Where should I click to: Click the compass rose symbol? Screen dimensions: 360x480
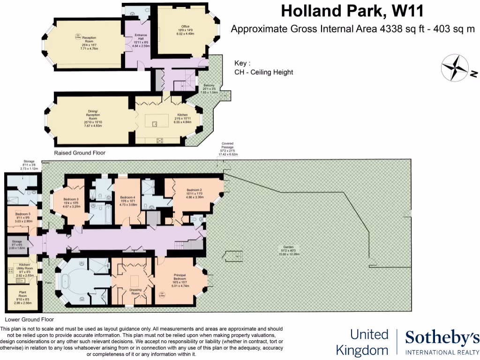point(455,67)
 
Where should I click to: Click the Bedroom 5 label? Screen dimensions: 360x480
point(22,217)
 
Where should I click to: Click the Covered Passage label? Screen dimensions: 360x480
point(228,149)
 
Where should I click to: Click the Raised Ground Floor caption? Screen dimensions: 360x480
point(80,153)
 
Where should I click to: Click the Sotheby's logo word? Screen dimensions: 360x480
point(442,337)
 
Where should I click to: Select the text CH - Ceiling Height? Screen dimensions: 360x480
point(264,72)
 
